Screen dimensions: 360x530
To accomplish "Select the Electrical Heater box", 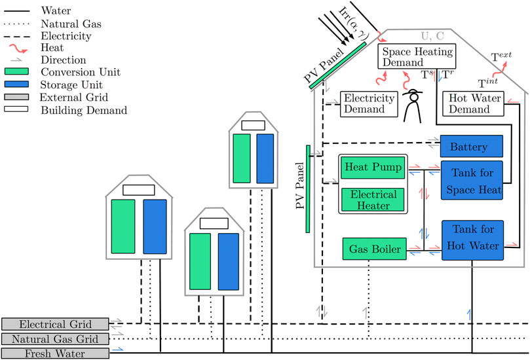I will click(x=372, y=199).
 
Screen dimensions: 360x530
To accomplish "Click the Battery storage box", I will click(x=471, y=147).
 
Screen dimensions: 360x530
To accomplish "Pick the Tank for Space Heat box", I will click(x=471, y=180).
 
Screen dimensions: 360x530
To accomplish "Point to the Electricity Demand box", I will click(x=369, y=104).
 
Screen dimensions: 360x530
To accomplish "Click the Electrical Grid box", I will click(x=54, y=324).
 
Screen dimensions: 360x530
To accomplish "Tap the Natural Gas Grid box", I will click(x=54, y=339).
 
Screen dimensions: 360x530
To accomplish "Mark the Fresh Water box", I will click(x=54, y=353).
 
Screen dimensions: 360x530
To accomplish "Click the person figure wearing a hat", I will click(x=413, y=107).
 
